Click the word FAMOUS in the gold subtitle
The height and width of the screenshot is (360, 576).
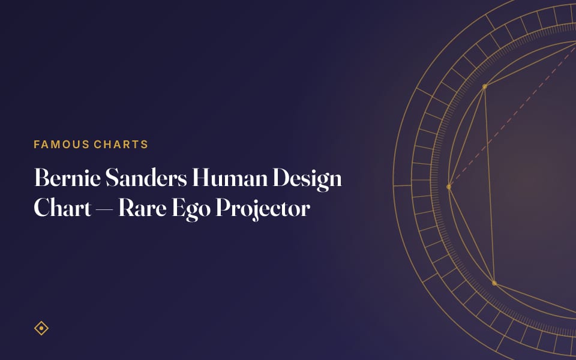[62, 145]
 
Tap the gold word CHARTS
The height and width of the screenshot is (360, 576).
[121, 145]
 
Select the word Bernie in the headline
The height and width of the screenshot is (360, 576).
[67, 178]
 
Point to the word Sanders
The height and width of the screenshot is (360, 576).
[146, 178]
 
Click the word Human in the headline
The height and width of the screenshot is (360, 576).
[230, 178]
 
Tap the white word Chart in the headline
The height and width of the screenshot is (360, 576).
[62, 208]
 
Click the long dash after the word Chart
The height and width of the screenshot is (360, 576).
[104, 211]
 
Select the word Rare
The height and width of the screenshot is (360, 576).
[142, 208]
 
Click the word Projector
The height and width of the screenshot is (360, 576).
[263, 210]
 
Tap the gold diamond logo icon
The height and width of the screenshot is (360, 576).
[41, 328]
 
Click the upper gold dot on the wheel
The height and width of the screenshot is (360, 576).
[485, 86]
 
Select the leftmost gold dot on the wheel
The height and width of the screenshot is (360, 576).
[449, 187]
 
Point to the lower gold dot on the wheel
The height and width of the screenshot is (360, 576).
[494, 283]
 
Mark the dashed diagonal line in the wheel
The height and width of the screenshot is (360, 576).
[512, 116]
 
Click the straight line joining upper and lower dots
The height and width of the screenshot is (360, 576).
[490, 185]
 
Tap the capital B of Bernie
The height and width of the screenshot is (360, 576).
[41, 178]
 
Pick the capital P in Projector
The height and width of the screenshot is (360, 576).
[224, 208]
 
